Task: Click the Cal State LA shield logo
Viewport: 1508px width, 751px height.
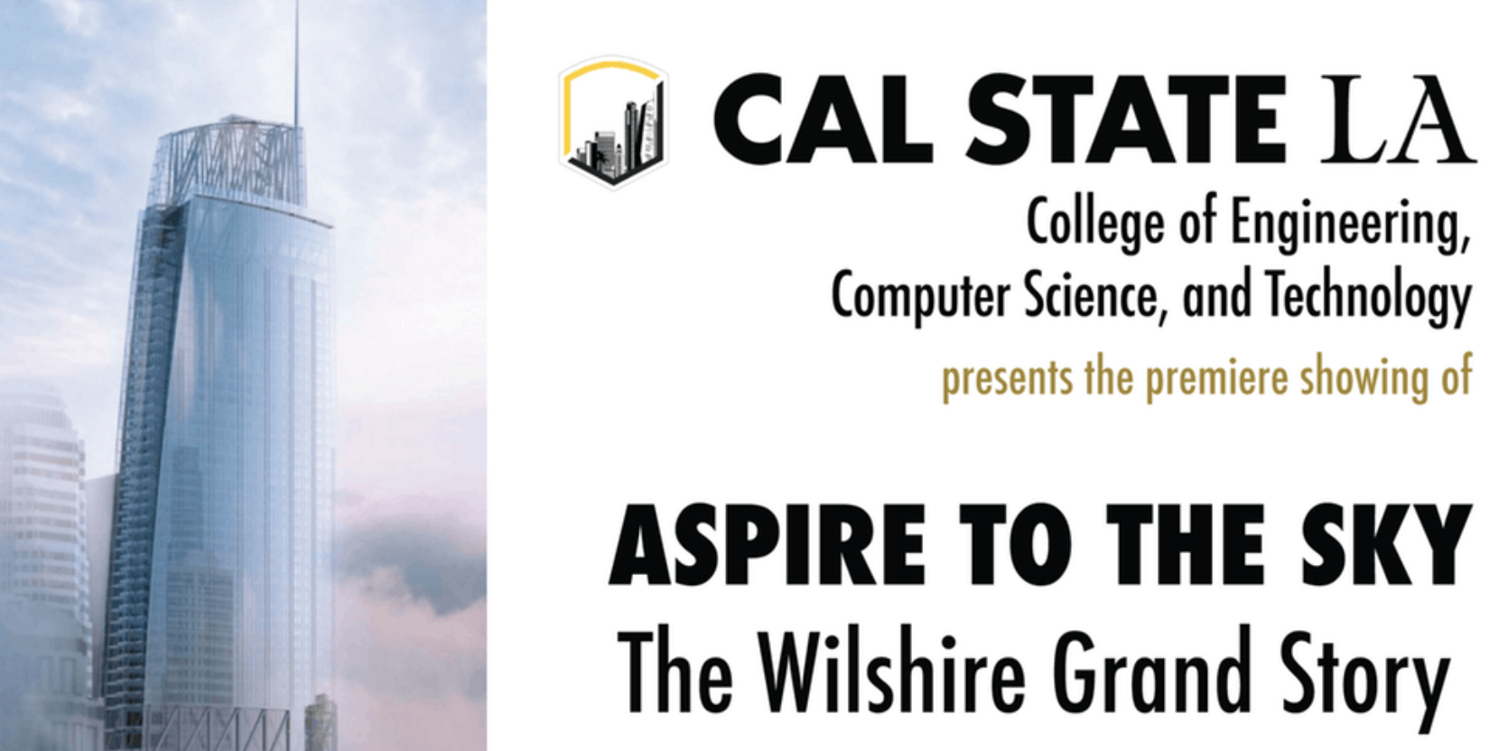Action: pos(613,122)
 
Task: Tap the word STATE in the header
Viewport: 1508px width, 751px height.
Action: pos(1127,120)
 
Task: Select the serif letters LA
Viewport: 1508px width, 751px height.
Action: pos(1398,121)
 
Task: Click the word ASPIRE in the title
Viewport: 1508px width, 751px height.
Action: pos(767,545)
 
